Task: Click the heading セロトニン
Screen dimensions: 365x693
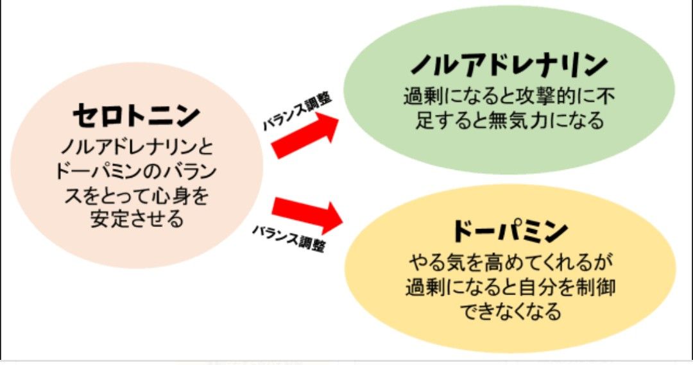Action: click(x=136, y=115)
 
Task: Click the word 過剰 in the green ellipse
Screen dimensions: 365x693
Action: click(x=420, y=97)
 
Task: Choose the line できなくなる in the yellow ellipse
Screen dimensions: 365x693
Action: click(x=511, y=311)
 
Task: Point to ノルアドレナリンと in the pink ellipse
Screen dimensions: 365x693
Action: click(x=136, y=148)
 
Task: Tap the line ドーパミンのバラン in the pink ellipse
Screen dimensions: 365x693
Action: click(x=136, y=172)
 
